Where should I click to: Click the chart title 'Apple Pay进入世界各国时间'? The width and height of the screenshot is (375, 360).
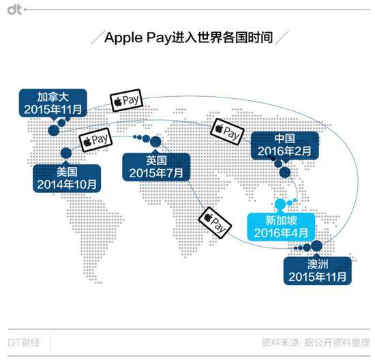[x=189, y=37]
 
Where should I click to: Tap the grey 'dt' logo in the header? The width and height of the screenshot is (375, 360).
[x=14, y=10]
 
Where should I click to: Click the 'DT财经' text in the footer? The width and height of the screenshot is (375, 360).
[x=24, y=342]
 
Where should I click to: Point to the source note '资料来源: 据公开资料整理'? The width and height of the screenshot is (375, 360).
[x=316, y=342]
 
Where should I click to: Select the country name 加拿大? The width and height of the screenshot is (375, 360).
[x=53, y=97]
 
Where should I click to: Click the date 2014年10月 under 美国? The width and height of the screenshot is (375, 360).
[x=67, y=184]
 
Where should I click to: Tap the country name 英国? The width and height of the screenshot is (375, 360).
[x=156, y=160]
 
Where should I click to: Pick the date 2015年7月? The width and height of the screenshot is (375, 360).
[x=156, y=173]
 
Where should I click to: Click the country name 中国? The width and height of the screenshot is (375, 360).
[x=284, y=138]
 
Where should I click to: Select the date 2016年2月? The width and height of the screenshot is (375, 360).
[x=284, y=151]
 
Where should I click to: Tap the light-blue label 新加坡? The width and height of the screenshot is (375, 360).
[x=281, y=220]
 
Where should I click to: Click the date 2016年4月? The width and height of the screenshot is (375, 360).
[x=281, y=232]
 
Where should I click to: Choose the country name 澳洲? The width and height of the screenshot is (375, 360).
[x=318, y=264]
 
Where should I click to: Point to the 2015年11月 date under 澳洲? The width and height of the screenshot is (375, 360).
[x=317, y=277]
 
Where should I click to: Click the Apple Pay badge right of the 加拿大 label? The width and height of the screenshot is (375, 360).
[x=126, y=100]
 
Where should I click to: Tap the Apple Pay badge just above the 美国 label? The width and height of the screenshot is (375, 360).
[x=95, y=140]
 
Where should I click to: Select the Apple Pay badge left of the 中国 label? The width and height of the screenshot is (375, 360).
[x=227, y=132]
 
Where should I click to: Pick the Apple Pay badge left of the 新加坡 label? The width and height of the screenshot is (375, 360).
[x=215, y=223]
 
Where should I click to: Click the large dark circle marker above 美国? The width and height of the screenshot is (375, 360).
[x=66, y=153]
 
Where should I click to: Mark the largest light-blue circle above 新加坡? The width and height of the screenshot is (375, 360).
[x=280, y=204]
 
